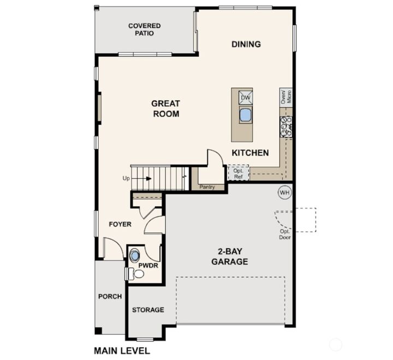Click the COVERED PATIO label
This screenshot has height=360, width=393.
144,29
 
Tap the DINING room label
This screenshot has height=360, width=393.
246,44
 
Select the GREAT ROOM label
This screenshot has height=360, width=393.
166,109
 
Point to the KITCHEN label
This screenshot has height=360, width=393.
250,153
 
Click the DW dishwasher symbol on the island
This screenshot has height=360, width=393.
246,97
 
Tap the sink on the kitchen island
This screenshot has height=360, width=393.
246,115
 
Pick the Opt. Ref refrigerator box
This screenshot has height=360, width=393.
238,173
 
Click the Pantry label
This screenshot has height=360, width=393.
207,187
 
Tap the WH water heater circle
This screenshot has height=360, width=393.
284,192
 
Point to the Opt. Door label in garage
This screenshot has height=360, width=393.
285,234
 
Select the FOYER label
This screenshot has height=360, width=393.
120,224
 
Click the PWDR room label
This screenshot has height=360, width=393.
147,267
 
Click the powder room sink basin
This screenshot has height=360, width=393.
135,255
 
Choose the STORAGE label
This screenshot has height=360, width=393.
148,310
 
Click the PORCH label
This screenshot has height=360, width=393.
110,297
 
